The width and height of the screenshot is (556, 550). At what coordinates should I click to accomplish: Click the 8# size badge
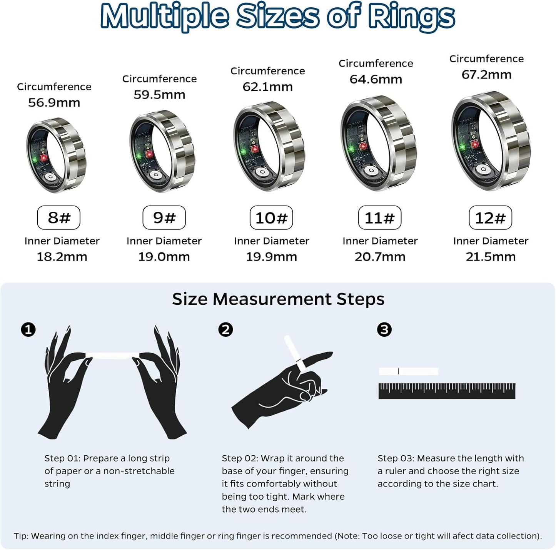tap(58, 218)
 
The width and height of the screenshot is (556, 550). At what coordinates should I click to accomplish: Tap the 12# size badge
tap(490, 218)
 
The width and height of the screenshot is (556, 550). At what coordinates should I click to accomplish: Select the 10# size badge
tap(271, 218)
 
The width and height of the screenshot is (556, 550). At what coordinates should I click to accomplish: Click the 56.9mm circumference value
tap(54, 103)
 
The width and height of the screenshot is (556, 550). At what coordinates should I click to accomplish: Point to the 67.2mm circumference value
tap(486, 75)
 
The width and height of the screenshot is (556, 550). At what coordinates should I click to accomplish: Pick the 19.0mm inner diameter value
tap(164, 257)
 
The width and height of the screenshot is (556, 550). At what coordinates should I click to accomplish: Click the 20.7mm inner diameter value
tap(380, 257)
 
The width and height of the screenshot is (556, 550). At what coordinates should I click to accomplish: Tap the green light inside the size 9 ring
tap(139, 156)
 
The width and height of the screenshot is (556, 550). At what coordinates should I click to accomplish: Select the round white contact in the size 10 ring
tap(262, 172)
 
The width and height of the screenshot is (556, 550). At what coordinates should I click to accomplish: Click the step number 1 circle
tap(28, 330)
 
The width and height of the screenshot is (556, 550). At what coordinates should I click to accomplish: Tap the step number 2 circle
tap(225, 330)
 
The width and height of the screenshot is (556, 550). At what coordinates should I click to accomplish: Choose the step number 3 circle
tap(384, 330)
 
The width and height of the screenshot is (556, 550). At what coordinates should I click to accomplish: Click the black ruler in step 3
tap(447, 391)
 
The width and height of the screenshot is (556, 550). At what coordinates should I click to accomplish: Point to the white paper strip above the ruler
tap(409, 371)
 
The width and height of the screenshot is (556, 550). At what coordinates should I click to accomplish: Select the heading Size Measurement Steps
tap(278, 299)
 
